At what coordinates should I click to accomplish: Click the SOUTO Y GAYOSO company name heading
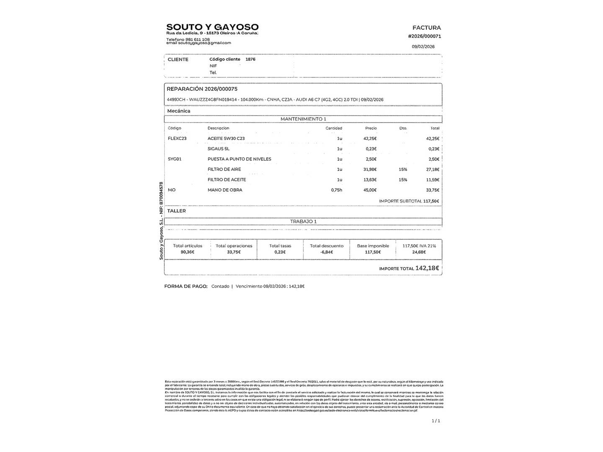212,27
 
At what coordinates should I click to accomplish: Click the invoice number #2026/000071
424,36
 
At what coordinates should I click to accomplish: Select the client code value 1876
250,59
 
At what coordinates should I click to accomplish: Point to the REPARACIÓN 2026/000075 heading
202,89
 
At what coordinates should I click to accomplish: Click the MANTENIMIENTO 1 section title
303,119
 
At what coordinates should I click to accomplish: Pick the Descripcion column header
218,128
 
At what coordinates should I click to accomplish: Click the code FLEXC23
177,139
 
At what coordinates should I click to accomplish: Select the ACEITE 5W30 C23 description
226,139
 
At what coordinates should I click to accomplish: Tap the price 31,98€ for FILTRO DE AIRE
370,169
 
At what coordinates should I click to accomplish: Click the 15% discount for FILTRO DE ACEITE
403,180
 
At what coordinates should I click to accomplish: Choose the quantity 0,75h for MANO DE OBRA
336,190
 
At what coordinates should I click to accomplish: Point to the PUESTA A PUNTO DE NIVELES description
239,159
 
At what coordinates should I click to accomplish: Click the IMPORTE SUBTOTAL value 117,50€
431,201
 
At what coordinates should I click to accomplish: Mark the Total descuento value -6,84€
326,252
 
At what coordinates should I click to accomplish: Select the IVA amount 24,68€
419,252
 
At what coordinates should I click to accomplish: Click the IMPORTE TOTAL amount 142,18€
427,268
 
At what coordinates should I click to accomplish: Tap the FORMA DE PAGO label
186,286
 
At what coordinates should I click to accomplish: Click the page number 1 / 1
435,421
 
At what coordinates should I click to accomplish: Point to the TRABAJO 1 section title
303,221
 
